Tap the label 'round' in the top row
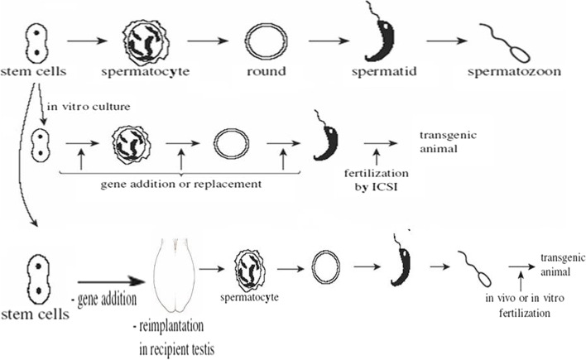(265, 72)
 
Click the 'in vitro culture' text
(75, 107)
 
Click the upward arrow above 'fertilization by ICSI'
(377, 155)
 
